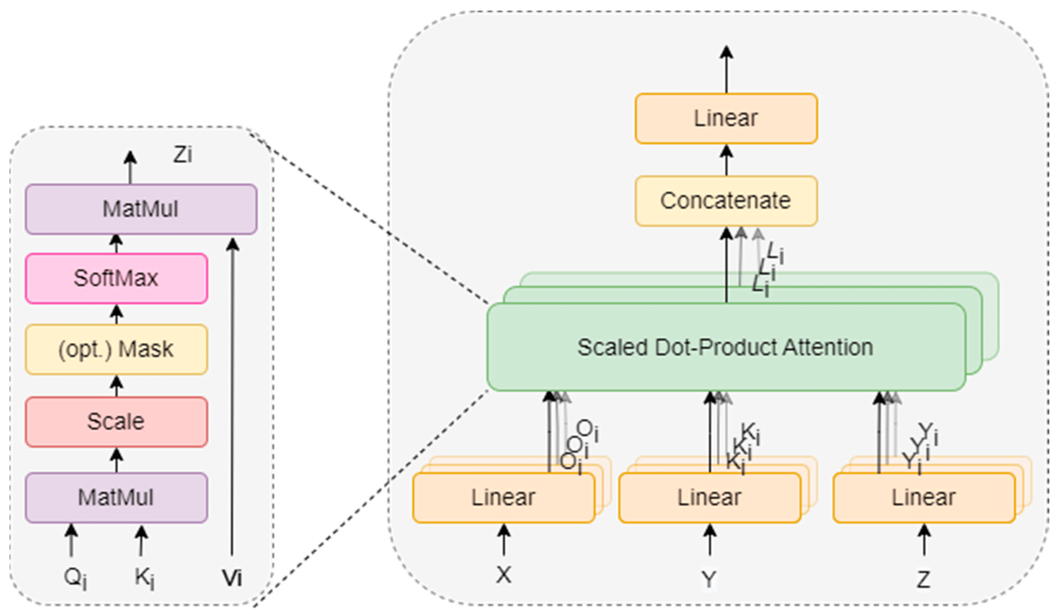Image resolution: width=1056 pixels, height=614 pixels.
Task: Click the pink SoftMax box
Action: coord(116,278)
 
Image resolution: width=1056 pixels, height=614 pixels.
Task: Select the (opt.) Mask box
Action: coord(116,349)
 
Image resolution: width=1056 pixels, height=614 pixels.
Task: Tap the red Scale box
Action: coord(116,422)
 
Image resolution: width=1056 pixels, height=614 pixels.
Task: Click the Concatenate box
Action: coord(726,201)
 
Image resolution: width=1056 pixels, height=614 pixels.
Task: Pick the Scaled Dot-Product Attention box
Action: coord(726,347)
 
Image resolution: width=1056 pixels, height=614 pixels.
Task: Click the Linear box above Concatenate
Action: coord(726,118)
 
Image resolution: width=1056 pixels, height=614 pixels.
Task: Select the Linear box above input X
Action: coord(503,497)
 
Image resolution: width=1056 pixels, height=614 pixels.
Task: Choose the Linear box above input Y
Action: coord(709,497)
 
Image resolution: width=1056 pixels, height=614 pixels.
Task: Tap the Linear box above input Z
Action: coord(924,497)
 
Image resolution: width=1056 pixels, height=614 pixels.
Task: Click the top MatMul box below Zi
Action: coord(141,209)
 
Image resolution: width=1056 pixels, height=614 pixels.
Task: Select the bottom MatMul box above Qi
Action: coord(116,497)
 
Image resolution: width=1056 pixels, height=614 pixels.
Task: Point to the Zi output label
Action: coord(183,155)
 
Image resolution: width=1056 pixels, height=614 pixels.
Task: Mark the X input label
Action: coord(503,575)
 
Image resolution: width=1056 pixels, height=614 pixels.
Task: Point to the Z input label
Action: coord(924,579)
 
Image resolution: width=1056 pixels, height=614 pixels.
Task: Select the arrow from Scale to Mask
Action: coord(117,386)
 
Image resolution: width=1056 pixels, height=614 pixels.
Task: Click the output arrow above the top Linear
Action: coord(726,69)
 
